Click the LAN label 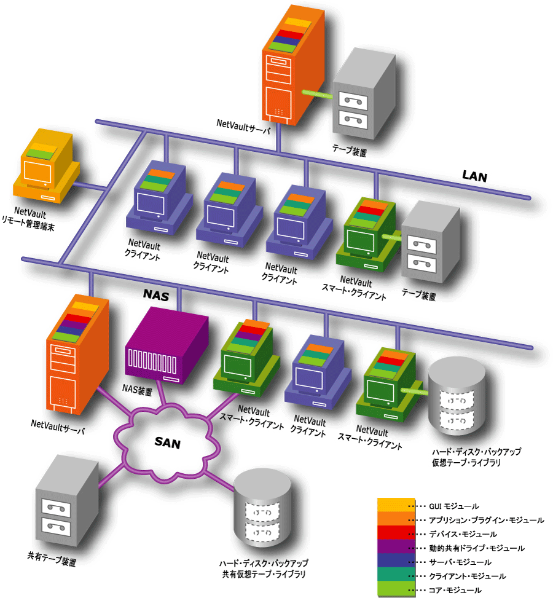(x=474, y=177)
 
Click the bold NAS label (x=155, y=294)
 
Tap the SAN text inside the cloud (x=167, y=442)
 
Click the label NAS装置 (x=135, y=390)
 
